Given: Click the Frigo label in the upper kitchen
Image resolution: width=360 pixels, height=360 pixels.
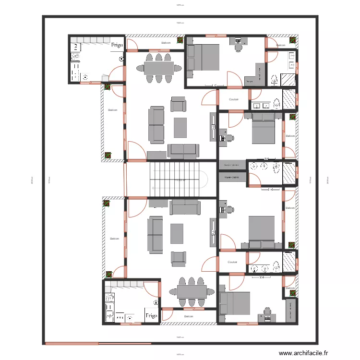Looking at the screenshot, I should (x=117, y=45).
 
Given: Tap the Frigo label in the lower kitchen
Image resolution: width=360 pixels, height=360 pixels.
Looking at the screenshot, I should (x=151, y=315).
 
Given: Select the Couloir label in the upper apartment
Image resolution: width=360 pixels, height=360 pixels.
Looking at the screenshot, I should (x=234, y=99).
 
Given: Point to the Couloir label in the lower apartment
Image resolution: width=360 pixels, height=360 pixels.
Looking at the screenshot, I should (x=233, y=262).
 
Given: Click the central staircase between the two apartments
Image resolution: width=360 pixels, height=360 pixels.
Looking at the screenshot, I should (x=178, y=179).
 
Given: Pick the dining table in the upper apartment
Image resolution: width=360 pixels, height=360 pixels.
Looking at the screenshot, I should (x=158, y=68).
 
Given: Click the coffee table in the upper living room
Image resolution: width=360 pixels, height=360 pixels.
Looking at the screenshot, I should (x=180, y=128).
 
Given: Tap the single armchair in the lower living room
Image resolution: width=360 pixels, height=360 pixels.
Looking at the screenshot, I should (x=178, y=258).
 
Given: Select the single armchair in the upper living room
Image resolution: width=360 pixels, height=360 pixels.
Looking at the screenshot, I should (x=178, y=104).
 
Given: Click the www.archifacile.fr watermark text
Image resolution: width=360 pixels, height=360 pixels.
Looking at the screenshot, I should (x=304, y=353).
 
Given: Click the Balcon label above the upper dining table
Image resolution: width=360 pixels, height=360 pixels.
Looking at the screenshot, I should (x=166, y=43).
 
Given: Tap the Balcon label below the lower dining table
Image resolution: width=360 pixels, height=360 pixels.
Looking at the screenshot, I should (x=189, y=316).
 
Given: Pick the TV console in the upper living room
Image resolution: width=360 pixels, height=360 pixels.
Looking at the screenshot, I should (x=213, y=127).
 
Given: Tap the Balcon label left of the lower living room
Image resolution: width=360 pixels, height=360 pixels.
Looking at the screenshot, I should (x=114, y=239).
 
